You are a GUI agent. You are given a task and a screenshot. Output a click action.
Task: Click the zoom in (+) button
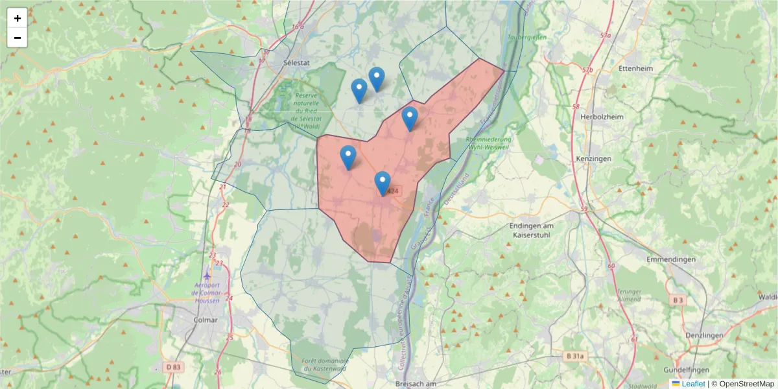coord(17,18)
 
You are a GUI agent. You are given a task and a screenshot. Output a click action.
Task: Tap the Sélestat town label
coord(298,62)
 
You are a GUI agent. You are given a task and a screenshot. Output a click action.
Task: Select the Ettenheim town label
coord(635,68)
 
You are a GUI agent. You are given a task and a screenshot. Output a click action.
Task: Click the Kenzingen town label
coord(593,158)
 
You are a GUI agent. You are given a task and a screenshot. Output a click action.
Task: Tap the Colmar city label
coord(206,320)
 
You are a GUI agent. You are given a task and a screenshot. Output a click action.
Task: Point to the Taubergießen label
coord(528,38)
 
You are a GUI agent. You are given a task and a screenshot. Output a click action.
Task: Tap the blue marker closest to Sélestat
coord(359,91)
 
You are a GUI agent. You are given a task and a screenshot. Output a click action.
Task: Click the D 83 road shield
coord(172,367)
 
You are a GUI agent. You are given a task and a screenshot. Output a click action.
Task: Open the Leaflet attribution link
coord(692,384)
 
